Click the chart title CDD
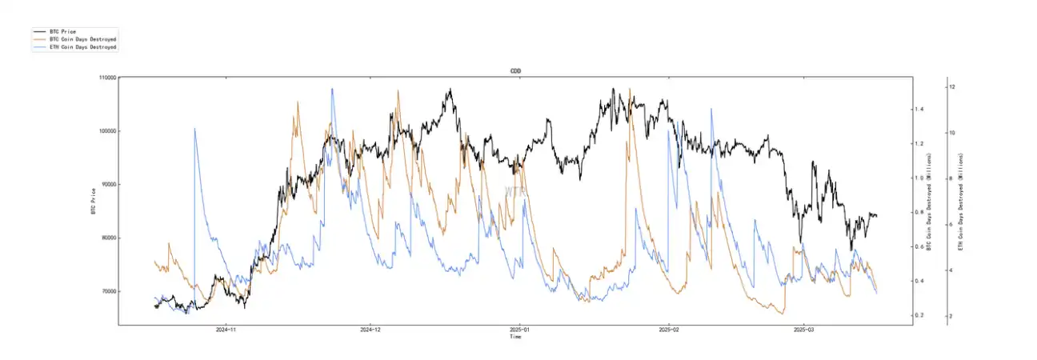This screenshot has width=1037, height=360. pos(515,71)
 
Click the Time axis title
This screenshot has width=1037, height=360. pos(515,337)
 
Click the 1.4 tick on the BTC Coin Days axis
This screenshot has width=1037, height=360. pos(920,109)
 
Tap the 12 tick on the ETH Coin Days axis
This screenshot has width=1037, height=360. pos(953,86)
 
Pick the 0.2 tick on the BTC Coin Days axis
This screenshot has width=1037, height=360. pos(920,315)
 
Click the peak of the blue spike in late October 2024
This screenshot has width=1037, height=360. pos(194,128)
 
